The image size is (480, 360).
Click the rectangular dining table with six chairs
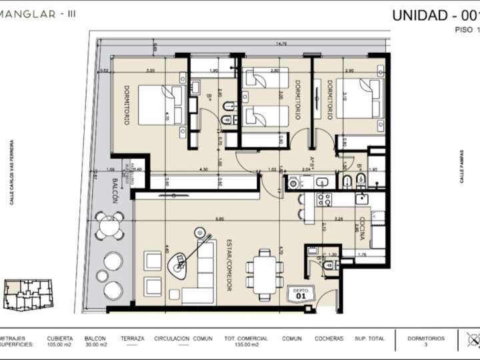click(x=263, y=271)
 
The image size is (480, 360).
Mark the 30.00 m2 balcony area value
click(x=95, y=345)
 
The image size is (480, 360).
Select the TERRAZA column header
click(x=133, y=338)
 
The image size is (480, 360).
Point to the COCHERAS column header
click(x=329, y=338)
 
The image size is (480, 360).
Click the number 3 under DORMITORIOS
click(x=426, y=345)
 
